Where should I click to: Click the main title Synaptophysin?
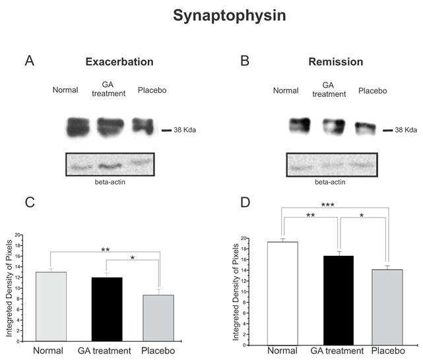tap(230, 16)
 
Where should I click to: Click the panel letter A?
tap(29, 61)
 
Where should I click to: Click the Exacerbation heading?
tap(119, 62)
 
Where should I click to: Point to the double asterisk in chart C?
tap(105, 251)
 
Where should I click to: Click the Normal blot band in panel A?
tap(78, 127)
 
